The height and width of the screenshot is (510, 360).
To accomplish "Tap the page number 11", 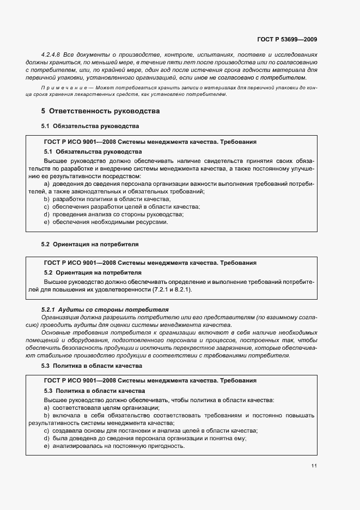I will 314,466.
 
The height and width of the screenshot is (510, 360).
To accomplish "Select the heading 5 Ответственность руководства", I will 100,111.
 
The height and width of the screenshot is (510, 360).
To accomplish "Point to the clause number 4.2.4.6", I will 51,55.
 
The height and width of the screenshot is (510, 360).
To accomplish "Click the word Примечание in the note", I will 58,88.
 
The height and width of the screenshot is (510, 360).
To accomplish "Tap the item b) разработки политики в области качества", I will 107,199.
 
